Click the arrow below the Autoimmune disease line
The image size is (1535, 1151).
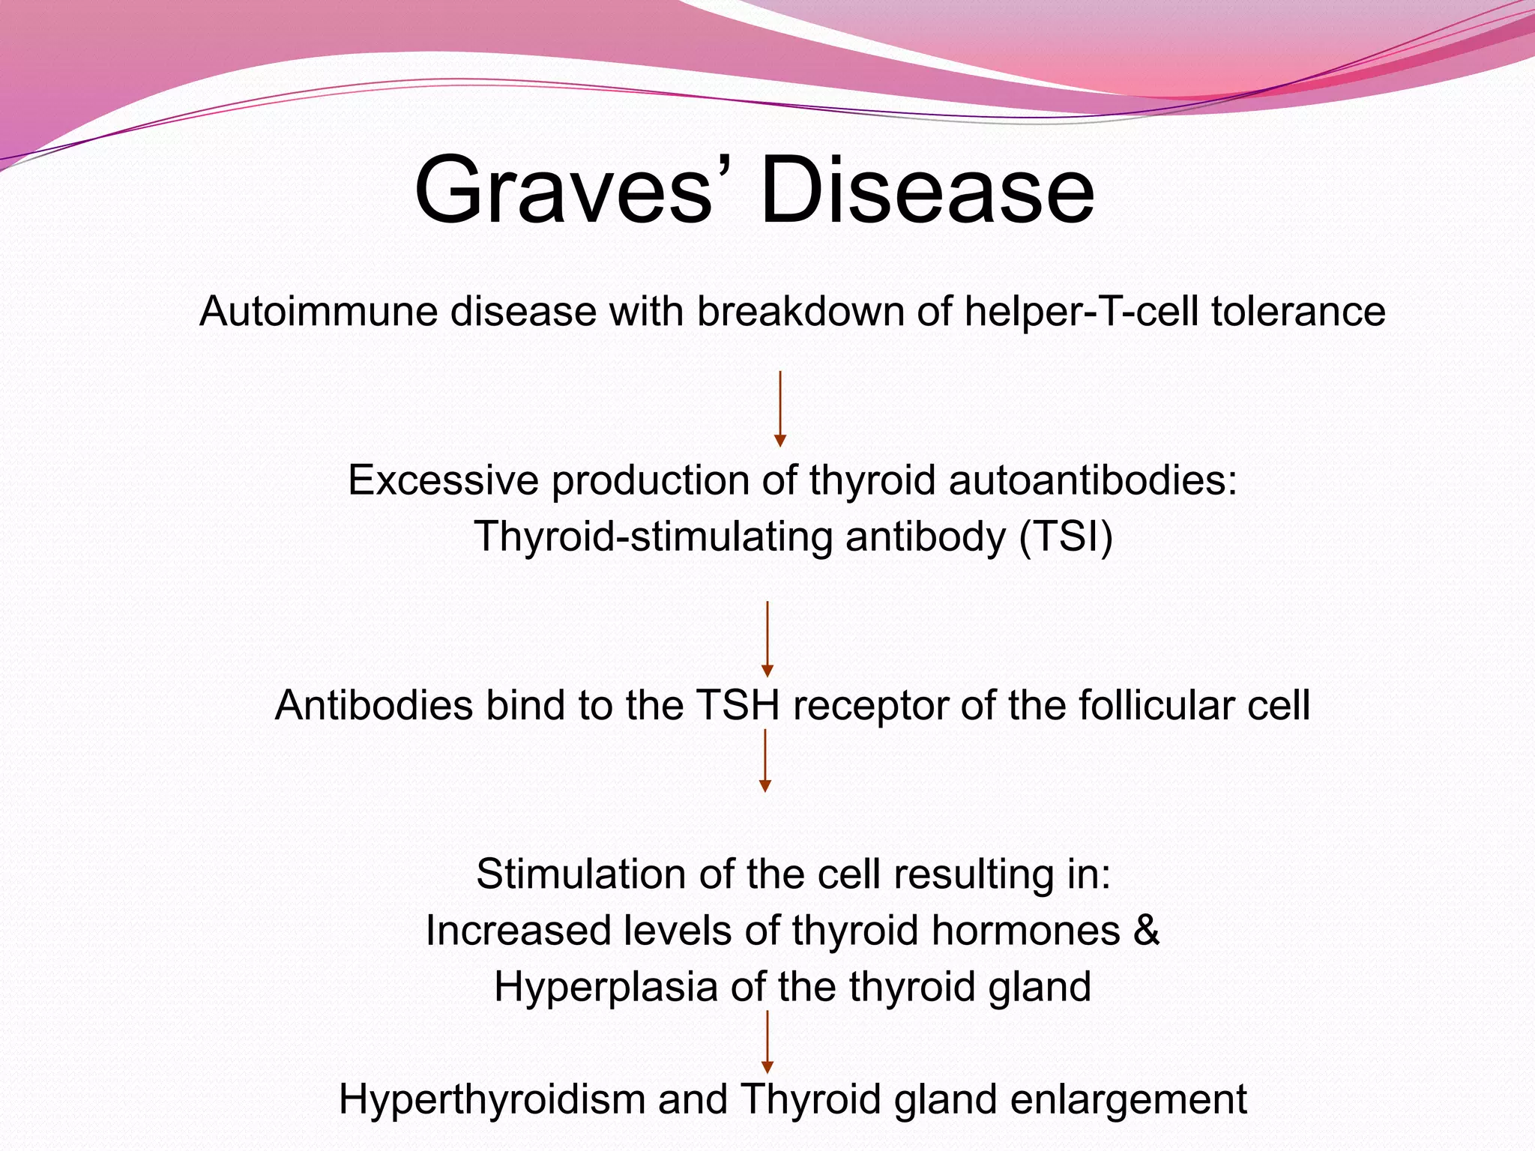point(779,408)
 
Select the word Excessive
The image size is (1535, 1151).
point(443,480)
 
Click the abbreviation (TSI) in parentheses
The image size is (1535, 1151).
point(1065,537)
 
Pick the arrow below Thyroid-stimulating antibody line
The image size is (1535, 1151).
point(767,638)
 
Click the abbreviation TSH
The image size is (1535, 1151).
point(738,705)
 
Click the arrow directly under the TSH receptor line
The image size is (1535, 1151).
point(765,761)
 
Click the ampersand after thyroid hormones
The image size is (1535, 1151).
point(1146,931)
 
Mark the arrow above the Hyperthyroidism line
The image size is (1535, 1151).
point(767,1042)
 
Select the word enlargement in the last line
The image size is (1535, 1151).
point(1128,1099)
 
